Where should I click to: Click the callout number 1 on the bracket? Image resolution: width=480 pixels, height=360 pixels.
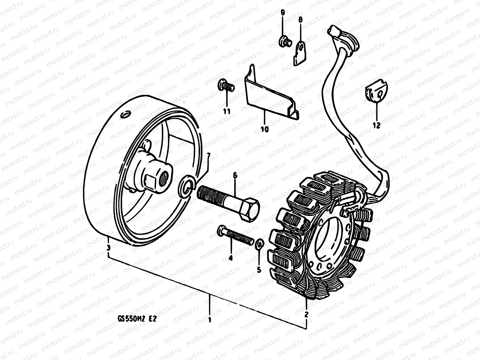pyautogui.click(x=210, y=319)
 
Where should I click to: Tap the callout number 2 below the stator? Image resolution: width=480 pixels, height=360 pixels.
pyautogui.click(x=306, y=314)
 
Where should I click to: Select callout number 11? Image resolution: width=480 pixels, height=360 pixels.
pyautogui.click(x=226, y=111)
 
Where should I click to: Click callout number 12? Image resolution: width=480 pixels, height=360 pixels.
pyautogui.click(x=377, y=125)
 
